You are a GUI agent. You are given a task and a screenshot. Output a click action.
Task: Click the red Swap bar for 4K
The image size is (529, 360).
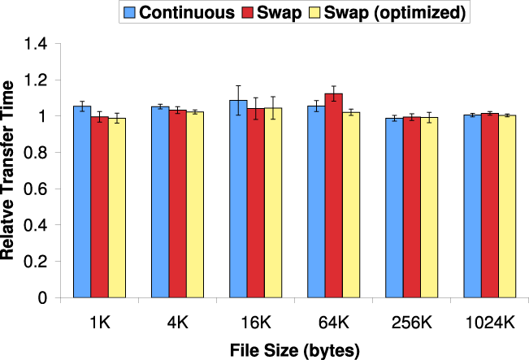tap(178, 203)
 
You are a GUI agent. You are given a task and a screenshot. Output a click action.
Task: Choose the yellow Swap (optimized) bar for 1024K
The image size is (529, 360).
tap(508, 206)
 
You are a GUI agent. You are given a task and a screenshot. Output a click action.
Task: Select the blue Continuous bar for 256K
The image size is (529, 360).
tap(395, 208)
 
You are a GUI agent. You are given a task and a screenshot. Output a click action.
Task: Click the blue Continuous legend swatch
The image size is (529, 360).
tap(129, 12)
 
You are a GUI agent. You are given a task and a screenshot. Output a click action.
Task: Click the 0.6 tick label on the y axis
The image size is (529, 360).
tap(48, 189)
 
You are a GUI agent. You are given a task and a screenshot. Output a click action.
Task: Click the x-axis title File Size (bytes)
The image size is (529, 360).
tap(294, 348)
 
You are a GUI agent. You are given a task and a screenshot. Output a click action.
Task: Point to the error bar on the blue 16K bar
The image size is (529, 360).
tap(238, 100)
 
